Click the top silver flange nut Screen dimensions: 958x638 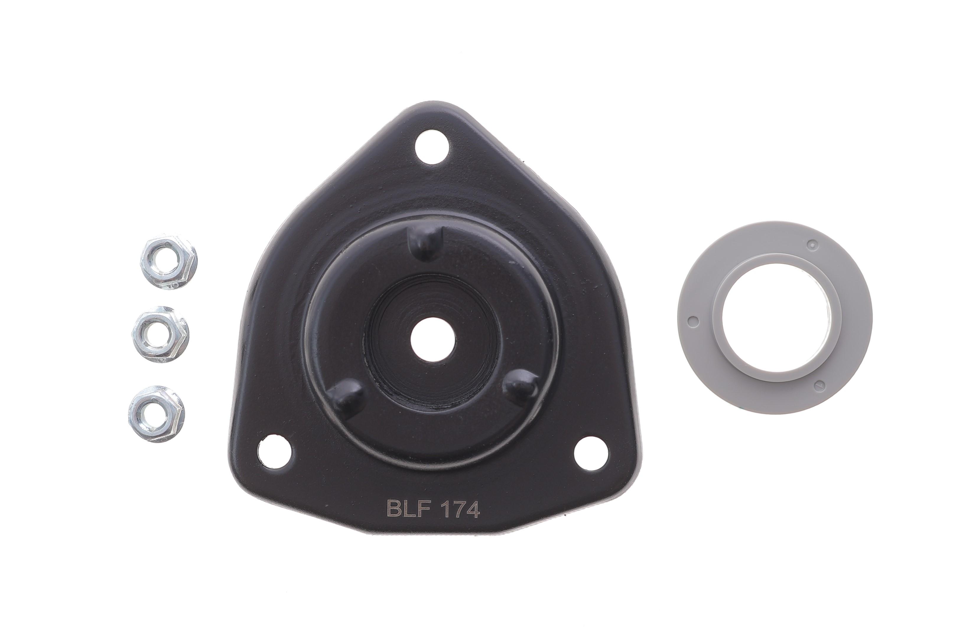[169, 262]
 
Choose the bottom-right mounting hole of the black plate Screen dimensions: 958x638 [591, 453]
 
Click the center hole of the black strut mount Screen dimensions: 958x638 [432, 339]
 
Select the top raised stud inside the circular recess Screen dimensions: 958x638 [425, 243]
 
